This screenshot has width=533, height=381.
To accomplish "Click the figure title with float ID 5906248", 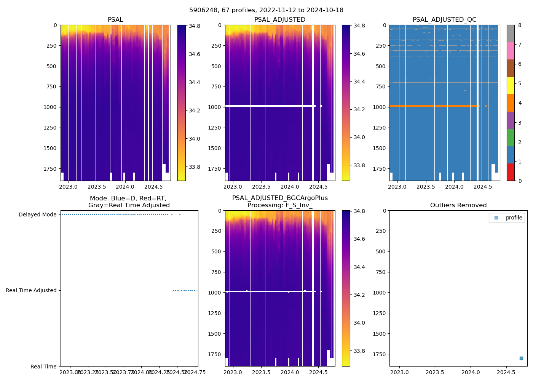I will click(x=266, y=10).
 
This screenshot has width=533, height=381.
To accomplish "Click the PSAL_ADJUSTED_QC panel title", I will click(x=444, y=20).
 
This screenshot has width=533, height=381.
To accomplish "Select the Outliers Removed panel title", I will click(x=458, y=205).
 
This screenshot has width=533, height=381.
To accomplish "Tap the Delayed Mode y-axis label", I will click(x=37, y=215).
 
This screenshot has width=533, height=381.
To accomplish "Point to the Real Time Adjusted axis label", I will click(x=31, y=291).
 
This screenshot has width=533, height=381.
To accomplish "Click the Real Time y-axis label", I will click(x=43, y=367).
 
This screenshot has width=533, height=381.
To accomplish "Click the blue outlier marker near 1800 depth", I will click(x=521, y=358).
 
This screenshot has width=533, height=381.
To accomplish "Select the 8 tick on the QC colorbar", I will click(x=520, y=26).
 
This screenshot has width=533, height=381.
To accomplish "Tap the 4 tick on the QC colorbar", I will click(x=520, y=103).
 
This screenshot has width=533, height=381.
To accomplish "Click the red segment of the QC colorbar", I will click(x=511, y=172).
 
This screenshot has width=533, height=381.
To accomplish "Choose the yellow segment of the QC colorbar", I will click(x=511, y=85).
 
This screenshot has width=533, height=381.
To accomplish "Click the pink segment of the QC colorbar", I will click(x=511, y=51).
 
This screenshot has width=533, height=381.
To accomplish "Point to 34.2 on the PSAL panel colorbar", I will click(x=195, y=110).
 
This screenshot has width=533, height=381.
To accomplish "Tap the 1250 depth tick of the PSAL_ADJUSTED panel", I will click(x=214, y=128).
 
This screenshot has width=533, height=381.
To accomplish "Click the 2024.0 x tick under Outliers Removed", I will click(x=471, y=372).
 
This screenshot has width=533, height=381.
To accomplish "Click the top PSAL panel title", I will click(x=115, y=20).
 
